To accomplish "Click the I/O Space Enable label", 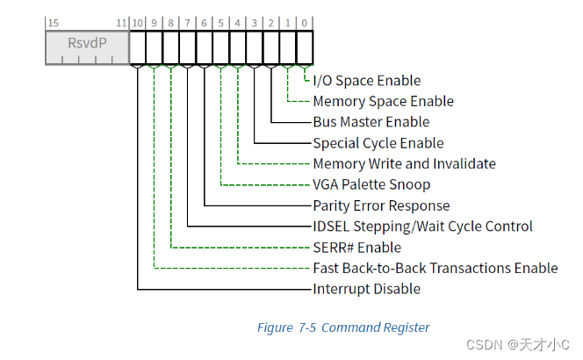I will click(366, 81).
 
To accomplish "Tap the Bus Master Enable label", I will click(371, 122).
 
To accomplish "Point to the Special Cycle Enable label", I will click(378, 143).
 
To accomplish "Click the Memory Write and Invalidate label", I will click(404, 164).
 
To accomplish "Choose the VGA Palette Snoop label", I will click(371, 185).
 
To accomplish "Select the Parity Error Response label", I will click(381, 205).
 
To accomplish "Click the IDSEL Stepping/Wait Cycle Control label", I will click(422, 227).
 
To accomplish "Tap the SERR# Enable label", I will click(356, 248).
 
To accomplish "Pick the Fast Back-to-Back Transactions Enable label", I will click(435, 269).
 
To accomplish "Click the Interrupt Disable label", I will click(366, 289).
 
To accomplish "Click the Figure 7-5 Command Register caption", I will click(342, 328).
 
